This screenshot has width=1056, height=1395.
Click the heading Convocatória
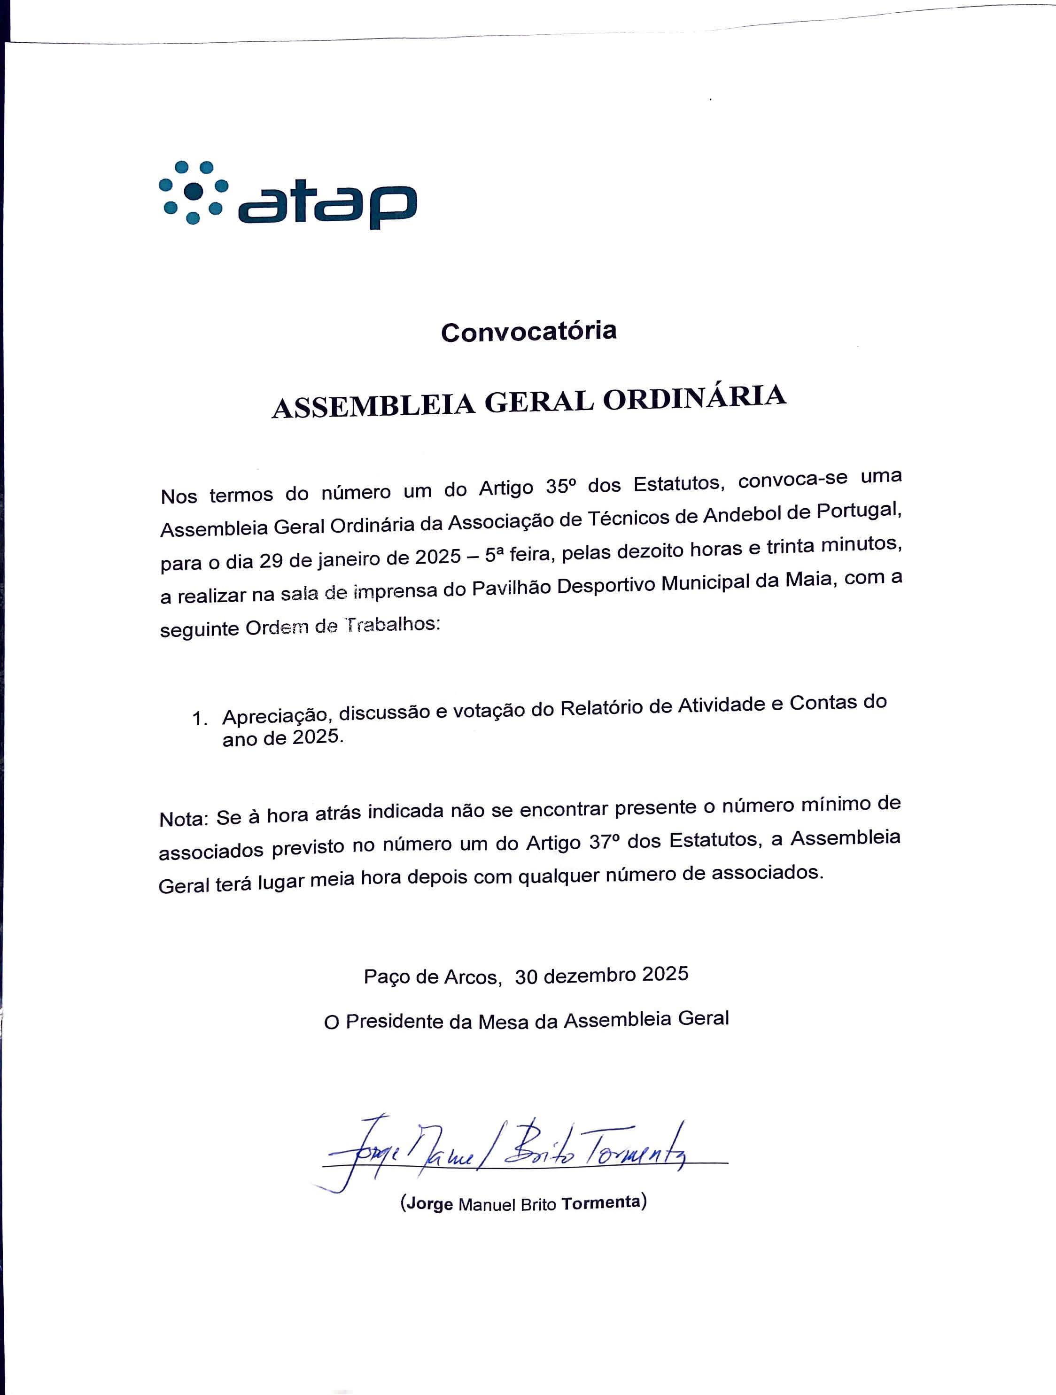click(528, 331)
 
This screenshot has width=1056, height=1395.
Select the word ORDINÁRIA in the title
click(694, 399)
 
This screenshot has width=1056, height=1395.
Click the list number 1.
click(199, 718)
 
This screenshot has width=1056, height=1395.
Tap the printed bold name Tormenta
click(601, 1203)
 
